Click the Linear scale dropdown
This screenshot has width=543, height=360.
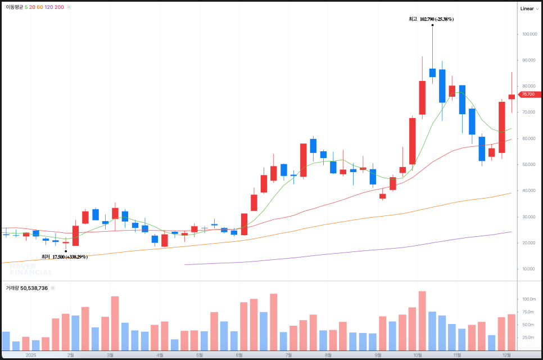pos(529,8)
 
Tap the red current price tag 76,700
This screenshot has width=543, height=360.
pos(530,94)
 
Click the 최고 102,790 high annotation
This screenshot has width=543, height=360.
pos(431,19)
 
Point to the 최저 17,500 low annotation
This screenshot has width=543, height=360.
pos(65,257)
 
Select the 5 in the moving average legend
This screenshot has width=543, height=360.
pos(26,7)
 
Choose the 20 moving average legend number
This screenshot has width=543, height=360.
pos(32,7)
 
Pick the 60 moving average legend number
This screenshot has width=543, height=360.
pos(40,7)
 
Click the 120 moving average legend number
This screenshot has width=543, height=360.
pos(49,7)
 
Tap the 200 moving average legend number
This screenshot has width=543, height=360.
pos(59,7)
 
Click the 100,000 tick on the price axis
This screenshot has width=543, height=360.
pos(528,34)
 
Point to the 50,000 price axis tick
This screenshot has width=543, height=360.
pos(528,164)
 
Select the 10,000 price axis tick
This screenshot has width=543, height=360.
pos(528,269)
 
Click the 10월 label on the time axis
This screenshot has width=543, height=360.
pos(418,355)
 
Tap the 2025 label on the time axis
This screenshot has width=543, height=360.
pos(31,355)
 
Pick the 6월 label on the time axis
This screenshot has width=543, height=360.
pos(239,355)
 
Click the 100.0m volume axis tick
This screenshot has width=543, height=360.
pos(528,299)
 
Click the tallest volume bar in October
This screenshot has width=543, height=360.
pos(422,321)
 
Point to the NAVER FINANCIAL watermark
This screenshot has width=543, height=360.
pos(31,269)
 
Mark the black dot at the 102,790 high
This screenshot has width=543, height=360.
pos(432,25)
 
